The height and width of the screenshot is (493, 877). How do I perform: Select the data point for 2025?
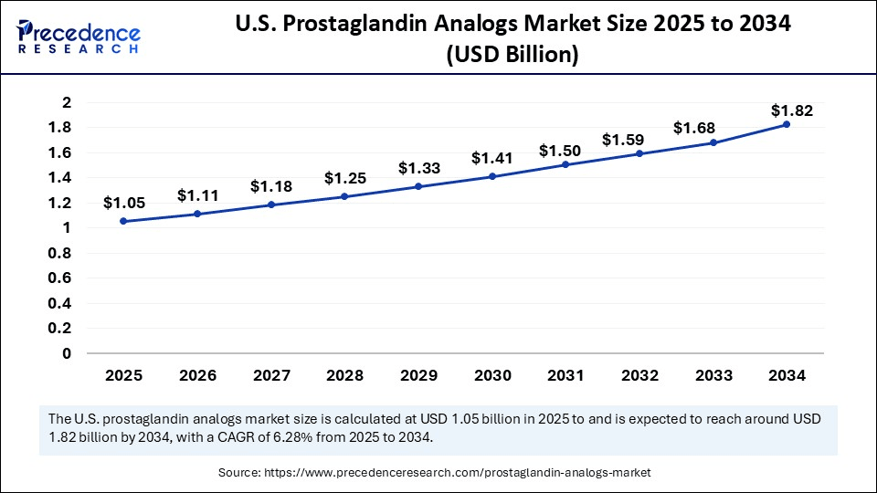[123, 221]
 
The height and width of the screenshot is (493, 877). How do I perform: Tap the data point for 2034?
[787, 124]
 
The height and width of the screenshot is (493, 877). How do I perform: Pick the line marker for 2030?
[491, 176]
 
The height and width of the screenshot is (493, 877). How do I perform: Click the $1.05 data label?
[123, 202]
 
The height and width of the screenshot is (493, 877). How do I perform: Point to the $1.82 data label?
[791, 110]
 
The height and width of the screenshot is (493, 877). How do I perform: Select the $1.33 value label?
[417, 168]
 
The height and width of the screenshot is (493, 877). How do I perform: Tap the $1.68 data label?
[693, 128]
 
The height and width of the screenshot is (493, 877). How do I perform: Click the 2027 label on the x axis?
[270, 374]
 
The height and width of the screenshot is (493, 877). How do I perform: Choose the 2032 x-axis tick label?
[639, 374]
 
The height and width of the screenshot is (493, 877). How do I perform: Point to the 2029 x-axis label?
[417, 374]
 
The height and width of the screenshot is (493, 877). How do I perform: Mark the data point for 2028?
[344, 196]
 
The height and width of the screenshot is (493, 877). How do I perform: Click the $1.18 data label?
[270, 186]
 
